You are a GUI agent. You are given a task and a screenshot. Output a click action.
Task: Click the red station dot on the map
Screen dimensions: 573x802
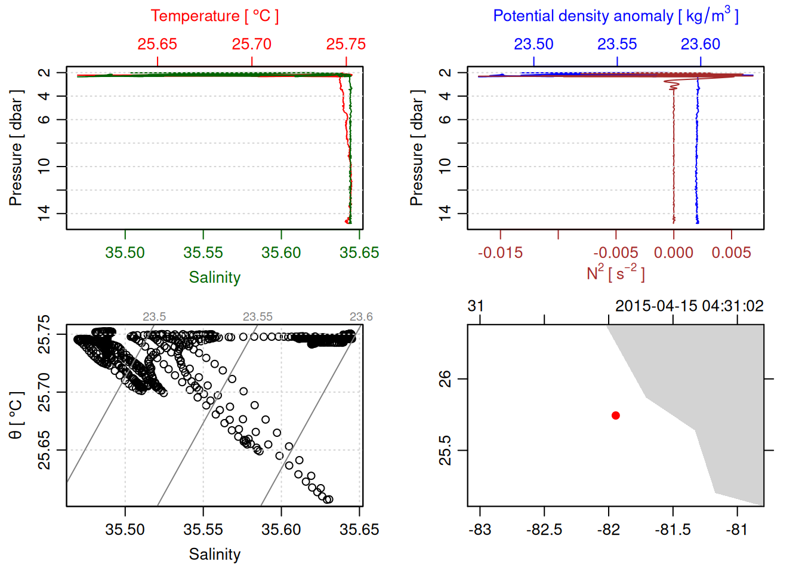pos(615,415)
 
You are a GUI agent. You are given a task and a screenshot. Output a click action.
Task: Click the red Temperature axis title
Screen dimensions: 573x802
pos(214,16)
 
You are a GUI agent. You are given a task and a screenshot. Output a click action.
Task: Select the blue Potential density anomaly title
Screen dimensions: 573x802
pos(615,16)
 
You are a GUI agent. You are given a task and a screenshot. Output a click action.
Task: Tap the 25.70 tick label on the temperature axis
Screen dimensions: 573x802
pos(251,44)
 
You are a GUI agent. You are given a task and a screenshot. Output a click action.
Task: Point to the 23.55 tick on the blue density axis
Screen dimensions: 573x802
pos(617,44)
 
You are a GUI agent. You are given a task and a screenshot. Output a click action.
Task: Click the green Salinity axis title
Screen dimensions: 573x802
pos(214,278)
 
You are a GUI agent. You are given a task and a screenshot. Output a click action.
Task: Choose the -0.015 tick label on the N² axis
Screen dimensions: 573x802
pos(500,253)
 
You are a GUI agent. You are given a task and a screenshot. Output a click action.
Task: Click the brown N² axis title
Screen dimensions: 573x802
pos(615,273)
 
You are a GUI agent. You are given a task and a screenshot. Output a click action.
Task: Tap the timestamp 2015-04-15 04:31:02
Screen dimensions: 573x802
pos(689,306)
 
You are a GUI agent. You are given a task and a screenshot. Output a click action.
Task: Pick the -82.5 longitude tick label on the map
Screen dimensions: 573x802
pos(544,530)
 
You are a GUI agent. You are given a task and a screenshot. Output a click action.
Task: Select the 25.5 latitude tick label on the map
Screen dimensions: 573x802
pos(445,450)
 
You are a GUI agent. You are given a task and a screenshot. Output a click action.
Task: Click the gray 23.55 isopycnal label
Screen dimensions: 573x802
pos(257,317)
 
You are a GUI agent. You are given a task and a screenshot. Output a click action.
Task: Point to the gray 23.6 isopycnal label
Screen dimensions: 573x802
pos(361,317)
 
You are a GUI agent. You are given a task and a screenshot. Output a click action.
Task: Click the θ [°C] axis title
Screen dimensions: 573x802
pos(16,415)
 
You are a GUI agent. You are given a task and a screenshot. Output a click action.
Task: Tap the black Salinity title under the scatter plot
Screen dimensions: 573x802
pos(214,554)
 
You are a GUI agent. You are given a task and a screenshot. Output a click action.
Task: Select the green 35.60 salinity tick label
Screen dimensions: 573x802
pos(281,253)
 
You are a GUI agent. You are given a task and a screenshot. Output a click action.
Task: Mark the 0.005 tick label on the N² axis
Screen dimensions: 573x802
pos(731,253)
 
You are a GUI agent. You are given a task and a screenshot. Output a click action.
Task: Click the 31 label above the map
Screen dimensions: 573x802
pos(476,306)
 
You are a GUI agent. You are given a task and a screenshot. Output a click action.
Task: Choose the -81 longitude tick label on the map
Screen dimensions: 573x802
pos(737,530)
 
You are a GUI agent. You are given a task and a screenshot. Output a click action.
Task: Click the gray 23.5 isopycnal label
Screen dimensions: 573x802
pos(154,317)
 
